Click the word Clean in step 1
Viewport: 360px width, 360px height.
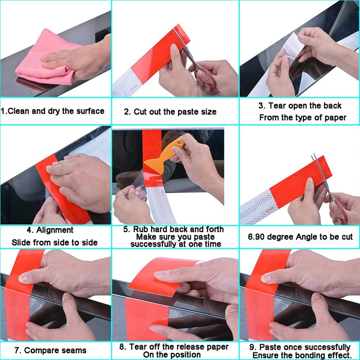pos(19,111)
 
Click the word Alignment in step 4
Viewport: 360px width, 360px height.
pos(55,230)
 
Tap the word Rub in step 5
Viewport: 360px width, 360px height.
pos(140,230)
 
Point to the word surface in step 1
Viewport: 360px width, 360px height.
pos(89,111)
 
